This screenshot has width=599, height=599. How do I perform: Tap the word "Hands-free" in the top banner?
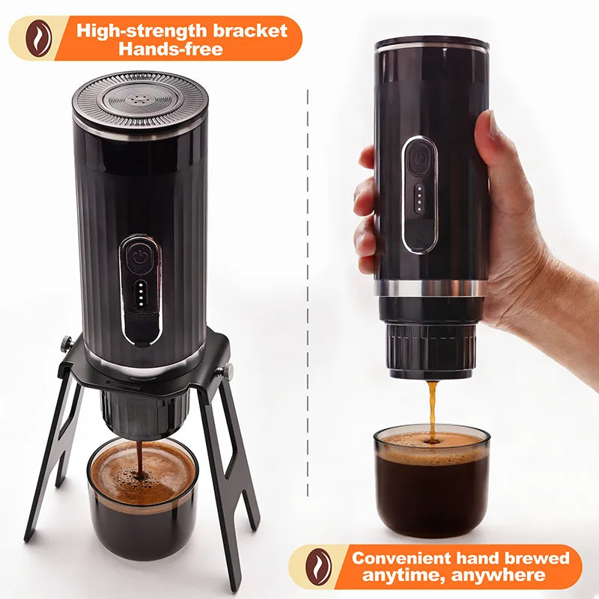click(x=171, y=49)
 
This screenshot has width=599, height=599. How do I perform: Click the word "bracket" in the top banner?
click(x=250, y=30)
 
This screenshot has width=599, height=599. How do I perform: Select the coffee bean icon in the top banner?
click(x=38, y=38)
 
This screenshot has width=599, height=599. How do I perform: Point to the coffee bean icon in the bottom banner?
click(x=318, y=567)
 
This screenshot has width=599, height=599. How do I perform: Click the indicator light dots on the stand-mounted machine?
click(x=141, y=294)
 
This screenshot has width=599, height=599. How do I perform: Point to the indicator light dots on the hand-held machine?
click(x=419, y=198)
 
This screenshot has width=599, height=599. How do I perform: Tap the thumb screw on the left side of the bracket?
click(x=67, y=343)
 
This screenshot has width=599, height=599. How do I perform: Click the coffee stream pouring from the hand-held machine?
click(x=432, y=410)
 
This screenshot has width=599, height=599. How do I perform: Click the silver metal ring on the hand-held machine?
click(x=431, y=288)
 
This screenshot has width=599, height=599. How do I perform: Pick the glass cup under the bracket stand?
click(x=143, y=499)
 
